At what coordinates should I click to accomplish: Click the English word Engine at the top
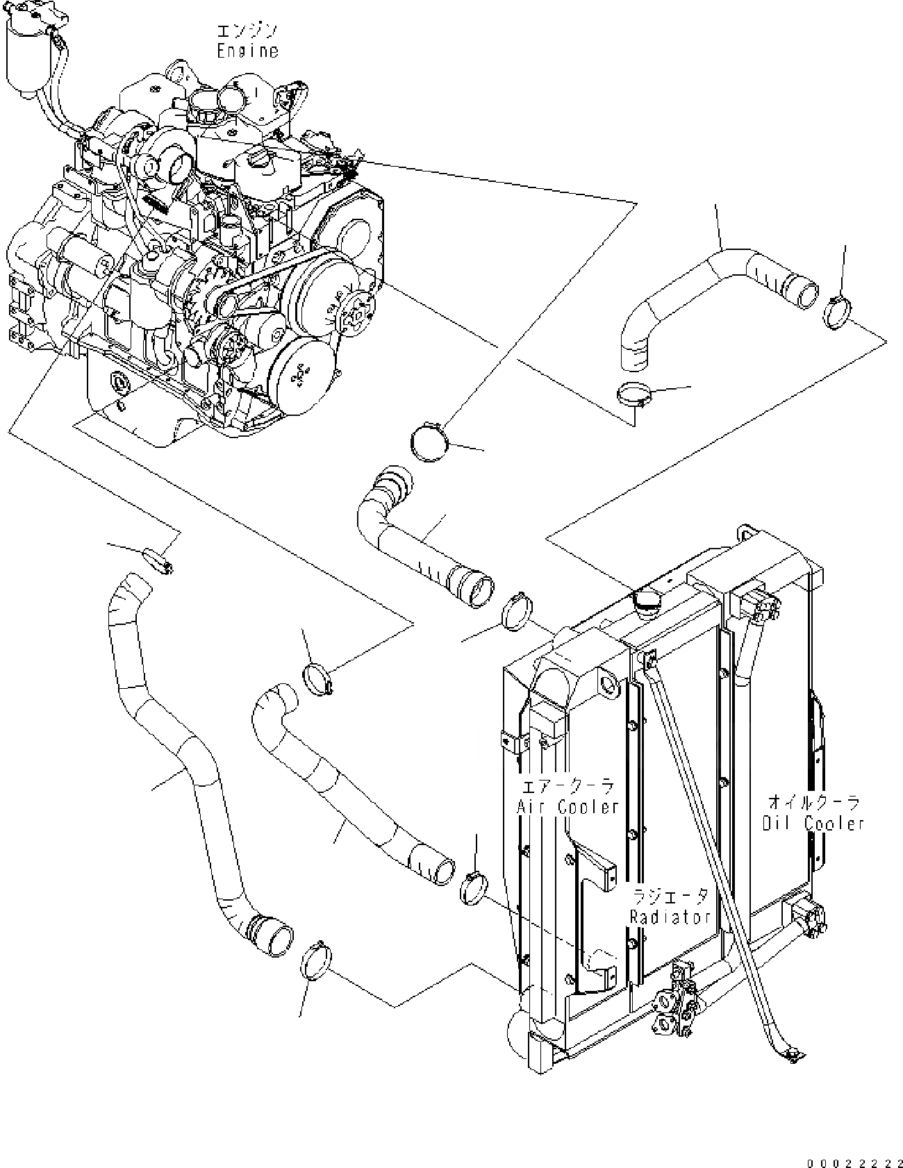click(x=247, y=51)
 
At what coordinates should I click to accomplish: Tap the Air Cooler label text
click(x=568, y=807)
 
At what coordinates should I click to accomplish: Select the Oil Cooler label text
click(x=813, y=824)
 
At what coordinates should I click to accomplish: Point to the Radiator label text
click(x=670, y=917)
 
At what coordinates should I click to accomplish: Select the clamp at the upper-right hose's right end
click(x=838, y=310)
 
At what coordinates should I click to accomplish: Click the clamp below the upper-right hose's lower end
click(x=635, y=395)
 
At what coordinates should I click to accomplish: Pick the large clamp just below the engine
click(x=429, y=442)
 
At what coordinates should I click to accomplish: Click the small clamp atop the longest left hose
click(x=158, y=560)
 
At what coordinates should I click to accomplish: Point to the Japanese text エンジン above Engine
click(x=247, y=31)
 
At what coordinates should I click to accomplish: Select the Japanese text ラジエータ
click(x=670, y=896)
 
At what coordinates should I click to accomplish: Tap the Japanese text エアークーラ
click(x=568, y=787)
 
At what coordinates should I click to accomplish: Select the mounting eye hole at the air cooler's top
click(x=607, y=687)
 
